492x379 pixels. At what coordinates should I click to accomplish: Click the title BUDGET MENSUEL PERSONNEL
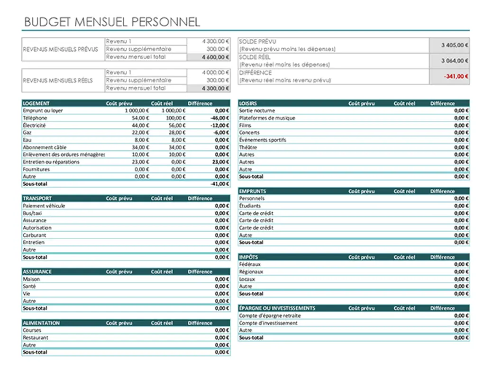pos(112,22)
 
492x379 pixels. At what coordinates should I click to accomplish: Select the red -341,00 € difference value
pos(456,76)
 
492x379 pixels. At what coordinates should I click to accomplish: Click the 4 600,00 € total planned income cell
pos(215,57)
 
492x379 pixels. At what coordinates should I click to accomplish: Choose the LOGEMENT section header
pos(36,103)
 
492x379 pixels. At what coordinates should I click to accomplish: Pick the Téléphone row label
pos(35,118)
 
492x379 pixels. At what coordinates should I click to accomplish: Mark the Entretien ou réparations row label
pos(51,162)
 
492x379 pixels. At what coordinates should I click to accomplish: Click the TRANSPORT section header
pos(37,199)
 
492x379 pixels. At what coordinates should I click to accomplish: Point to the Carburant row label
pos(35,235)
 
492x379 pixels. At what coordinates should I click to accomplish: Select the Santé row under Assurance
pos(29,287)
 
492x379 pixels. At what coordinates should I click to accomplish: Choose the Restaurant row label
pos(36,338)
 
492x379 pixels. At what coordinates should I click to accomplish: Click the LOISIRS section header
pos(248,103)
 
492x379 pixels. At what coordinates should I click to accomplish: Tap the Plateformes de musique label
pos(267,118)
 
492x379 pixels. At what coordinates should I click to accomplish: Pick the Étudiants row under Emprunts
pos(250,206)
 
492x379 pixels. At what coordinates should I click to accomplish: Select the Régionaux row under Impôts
pos(251,272)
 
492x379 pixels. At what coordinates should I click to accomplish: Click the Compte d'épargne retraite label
pos(270,316)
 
